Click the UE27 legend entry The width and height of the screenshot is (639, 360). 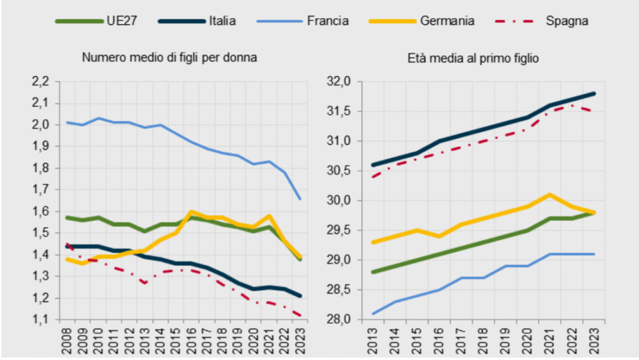[122, 21]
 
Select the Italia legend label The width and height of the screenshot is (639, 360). [222, 21]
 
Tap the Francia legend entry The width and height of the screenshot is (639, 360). [328, 21]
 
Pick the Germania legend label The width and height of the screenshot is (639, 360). [447, 21]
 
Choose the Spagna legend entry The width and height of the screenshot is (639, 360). [567, 21]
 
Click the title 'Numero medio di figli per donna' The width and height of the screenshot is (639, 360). [170, 57]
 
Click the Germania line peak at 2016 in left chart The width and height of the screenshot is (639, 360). [191, 212]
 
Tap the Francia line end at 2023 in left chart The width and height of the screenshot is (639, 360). [301, 198]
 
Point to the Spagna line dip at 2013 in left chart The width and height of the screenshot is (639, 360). [145, 283]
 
